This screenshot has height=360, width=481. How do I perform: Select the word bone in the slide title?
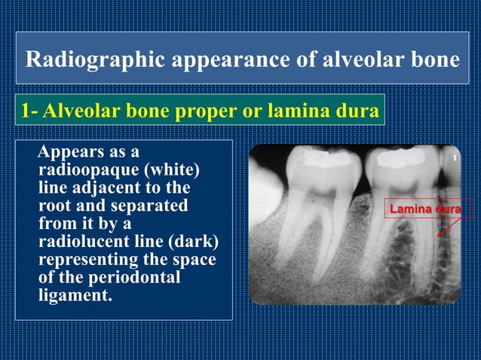point(437,59)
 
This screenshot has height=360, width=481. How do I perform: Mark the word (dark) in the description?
point(189,242)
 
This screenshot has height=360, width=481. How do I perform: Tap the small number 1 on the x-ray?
point(455,158)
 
